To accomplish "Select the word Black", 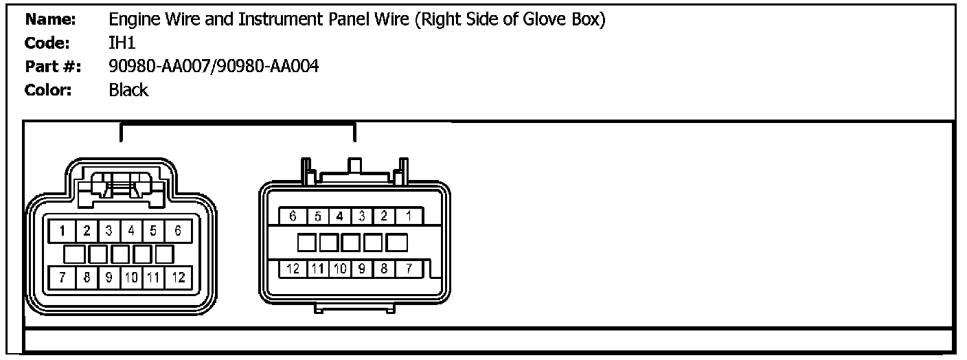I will tap(128, 90).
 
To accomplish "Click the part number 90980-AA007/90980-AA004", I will tap(214, 67).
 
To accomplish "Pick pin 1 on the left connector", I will tap(62, 231).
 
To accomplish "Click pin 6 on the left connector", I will tap(177, 231).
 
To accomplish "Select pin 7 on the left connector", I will tap(62, 278).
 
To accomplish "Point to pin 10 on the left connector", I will tap(131, 278).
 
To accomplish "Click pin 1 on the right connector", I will tap(409, 216).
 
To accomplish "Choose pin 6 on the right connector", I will tap(293, 216).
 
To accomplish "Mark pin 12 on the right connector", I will tap(293, 269).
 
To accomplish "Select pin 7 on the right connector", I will tap(409, 269).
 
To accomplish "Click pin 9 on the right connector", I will tap(362, 269).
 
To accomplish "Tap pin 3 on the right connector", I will tap(362, 216).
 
